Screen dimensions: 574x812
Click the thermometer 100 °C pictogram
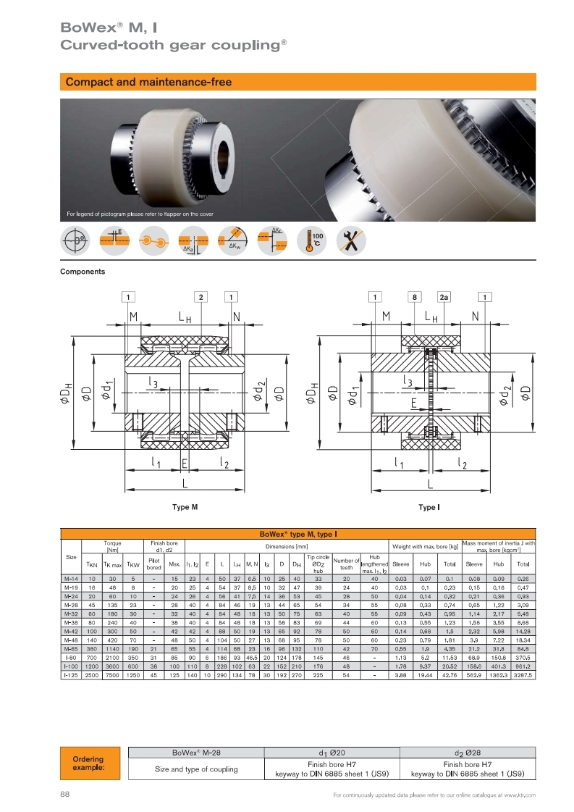tap(312, 240)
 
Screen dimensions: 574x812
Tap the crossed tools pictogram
tap(352, 240)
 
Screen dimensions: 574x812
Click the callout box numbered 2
tap(201, 297)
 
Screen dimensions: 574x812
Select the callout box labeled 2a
tap(444, 297)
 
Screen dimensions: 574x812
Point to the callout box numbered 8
tap(415, 297)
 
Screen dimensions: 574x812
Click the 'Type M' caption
tap(185, 507)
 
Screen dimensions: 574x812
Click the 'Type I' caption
tap(429, 507)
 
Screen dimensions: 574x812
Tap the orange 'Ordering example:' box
tap(90, 763)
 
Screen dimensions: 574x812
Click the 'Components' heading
tap(83, 272)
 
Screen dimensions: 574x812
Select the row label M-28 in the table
tap(71, 605)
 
